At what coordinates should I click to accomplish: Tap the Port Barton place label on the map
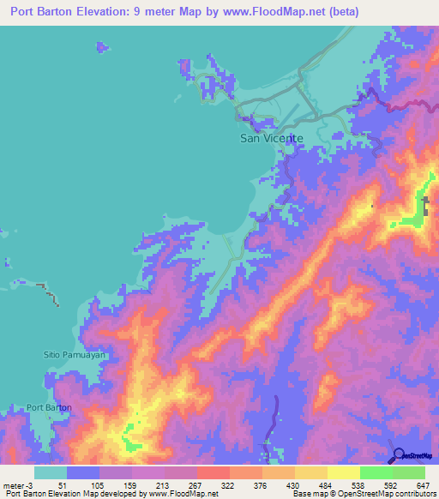tap(49, 407)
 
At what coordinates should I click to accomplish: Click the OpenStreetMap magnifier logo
tap(400, 455)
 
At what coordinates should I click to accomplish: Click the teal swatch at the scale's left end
tap(51, 472)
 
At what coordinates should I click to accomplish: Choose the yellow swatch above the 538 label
tap(343, 472)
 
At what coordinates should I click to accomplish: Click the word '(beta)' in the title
tap(340, 12)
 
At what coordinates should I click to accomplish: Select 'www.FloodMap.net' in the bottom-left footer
tap(183, 494)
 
